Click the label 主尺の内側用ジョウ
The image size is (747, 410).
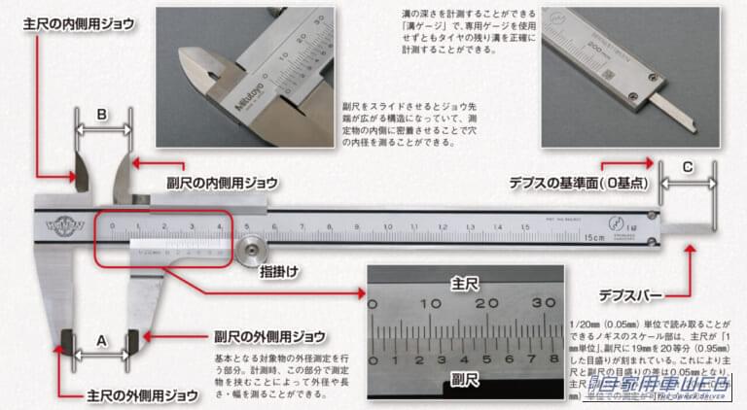pyautogui.click(x=79, y=20)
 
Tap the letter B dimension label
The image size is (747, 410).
pyautogui.click(x=103, y=114)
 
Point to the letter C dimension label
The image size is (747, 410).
pyautogui.click(x=688, y=166)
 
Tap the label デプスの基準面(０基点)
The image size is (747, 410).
pyautogui.click(x=578, y=182)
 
